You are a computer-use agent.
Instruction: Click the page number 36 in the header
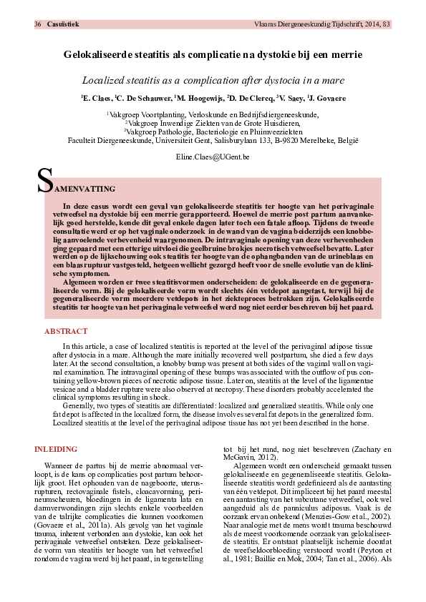(x=37, y=24)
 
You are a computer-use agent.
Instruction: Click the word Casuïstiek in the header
(x=63, y=24)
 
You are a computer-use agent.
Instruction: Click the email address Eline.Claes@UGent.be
(x=212, y=156)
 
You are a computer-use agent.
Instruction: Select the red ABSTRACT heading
(x=66, y=332)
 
